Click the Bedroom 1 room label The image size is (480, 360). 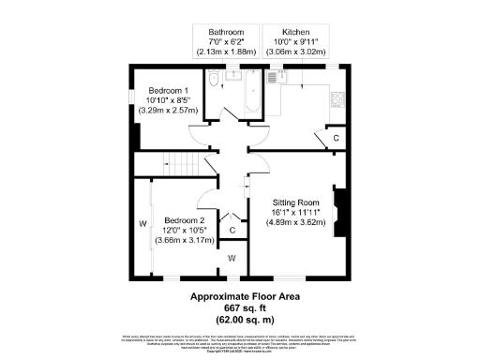tap(165, 90)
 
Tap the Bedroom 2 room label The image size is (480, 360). tap(179, 220)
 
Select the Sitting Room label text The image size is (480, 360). tap(296, 202)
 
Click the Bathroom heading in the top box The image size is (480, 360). tap(225, 32)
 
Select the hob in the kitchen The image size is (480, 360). tap(338, 97)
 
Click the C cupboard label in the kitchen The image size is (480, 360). tap(337, 139)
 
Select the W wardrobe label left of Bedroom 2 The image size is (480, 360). tap(143, 223)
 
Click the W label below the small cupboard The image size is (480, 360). tap(232, 257)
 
